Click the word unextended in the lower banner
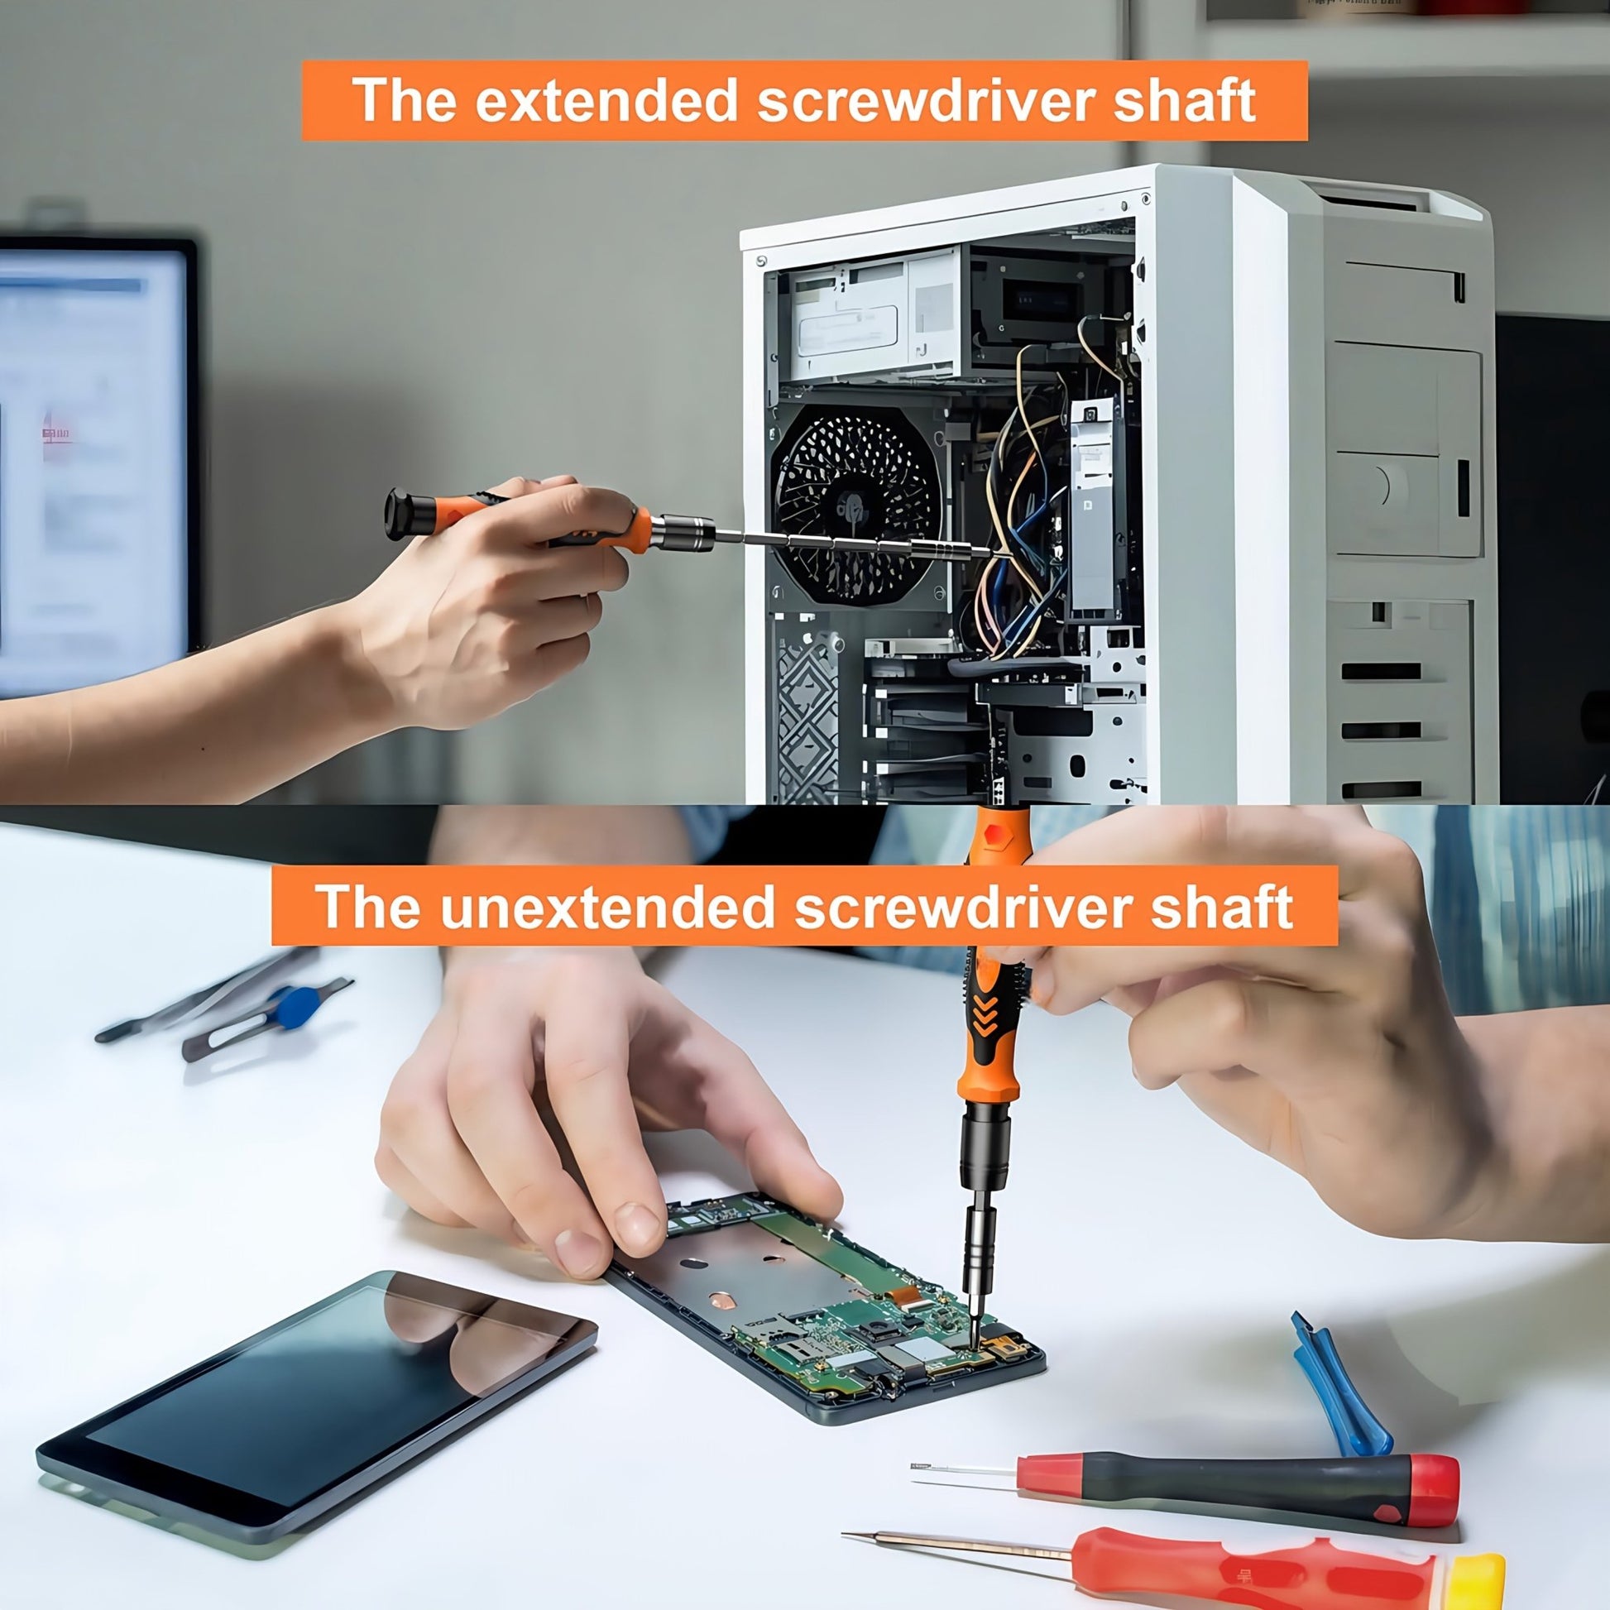pyautogui.click(x=607, y=908)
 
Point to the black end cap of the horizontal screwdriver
pyautogui.click(x=398, y=514)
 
